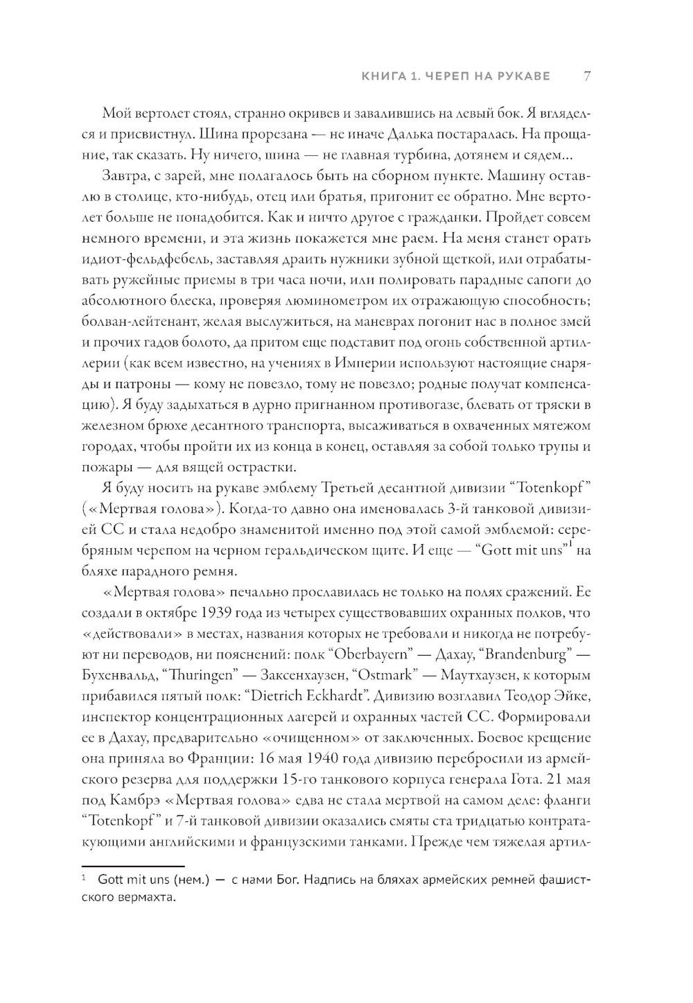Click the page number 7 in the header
click(586, 75)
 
